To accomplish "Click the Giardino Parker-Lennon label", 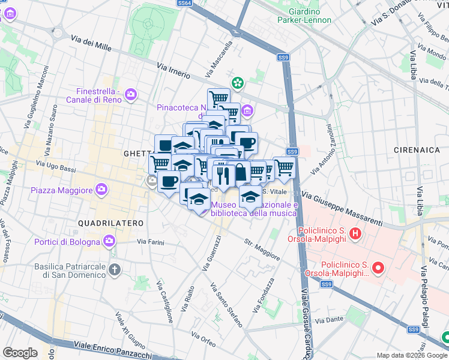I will tap(304, 15).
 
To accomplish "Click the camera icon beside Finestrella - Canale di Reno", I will tap(131, 94).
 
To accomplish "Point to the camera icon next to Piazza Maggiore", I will tap(101, 190).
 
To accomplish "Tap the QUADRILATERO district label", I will tap(111, 223).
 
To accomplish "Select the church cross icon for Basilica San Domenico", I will tap(115, 269).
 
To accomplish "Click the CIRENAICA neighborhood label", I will tap(417, 148).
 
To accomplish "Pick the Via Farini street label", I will tap(150, 242).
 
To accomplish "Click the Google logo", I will tap(20, 353).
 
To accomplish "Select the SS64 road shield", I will tap(185, 3).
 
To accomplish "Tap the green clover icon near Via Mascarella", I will tap(238, 83).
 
